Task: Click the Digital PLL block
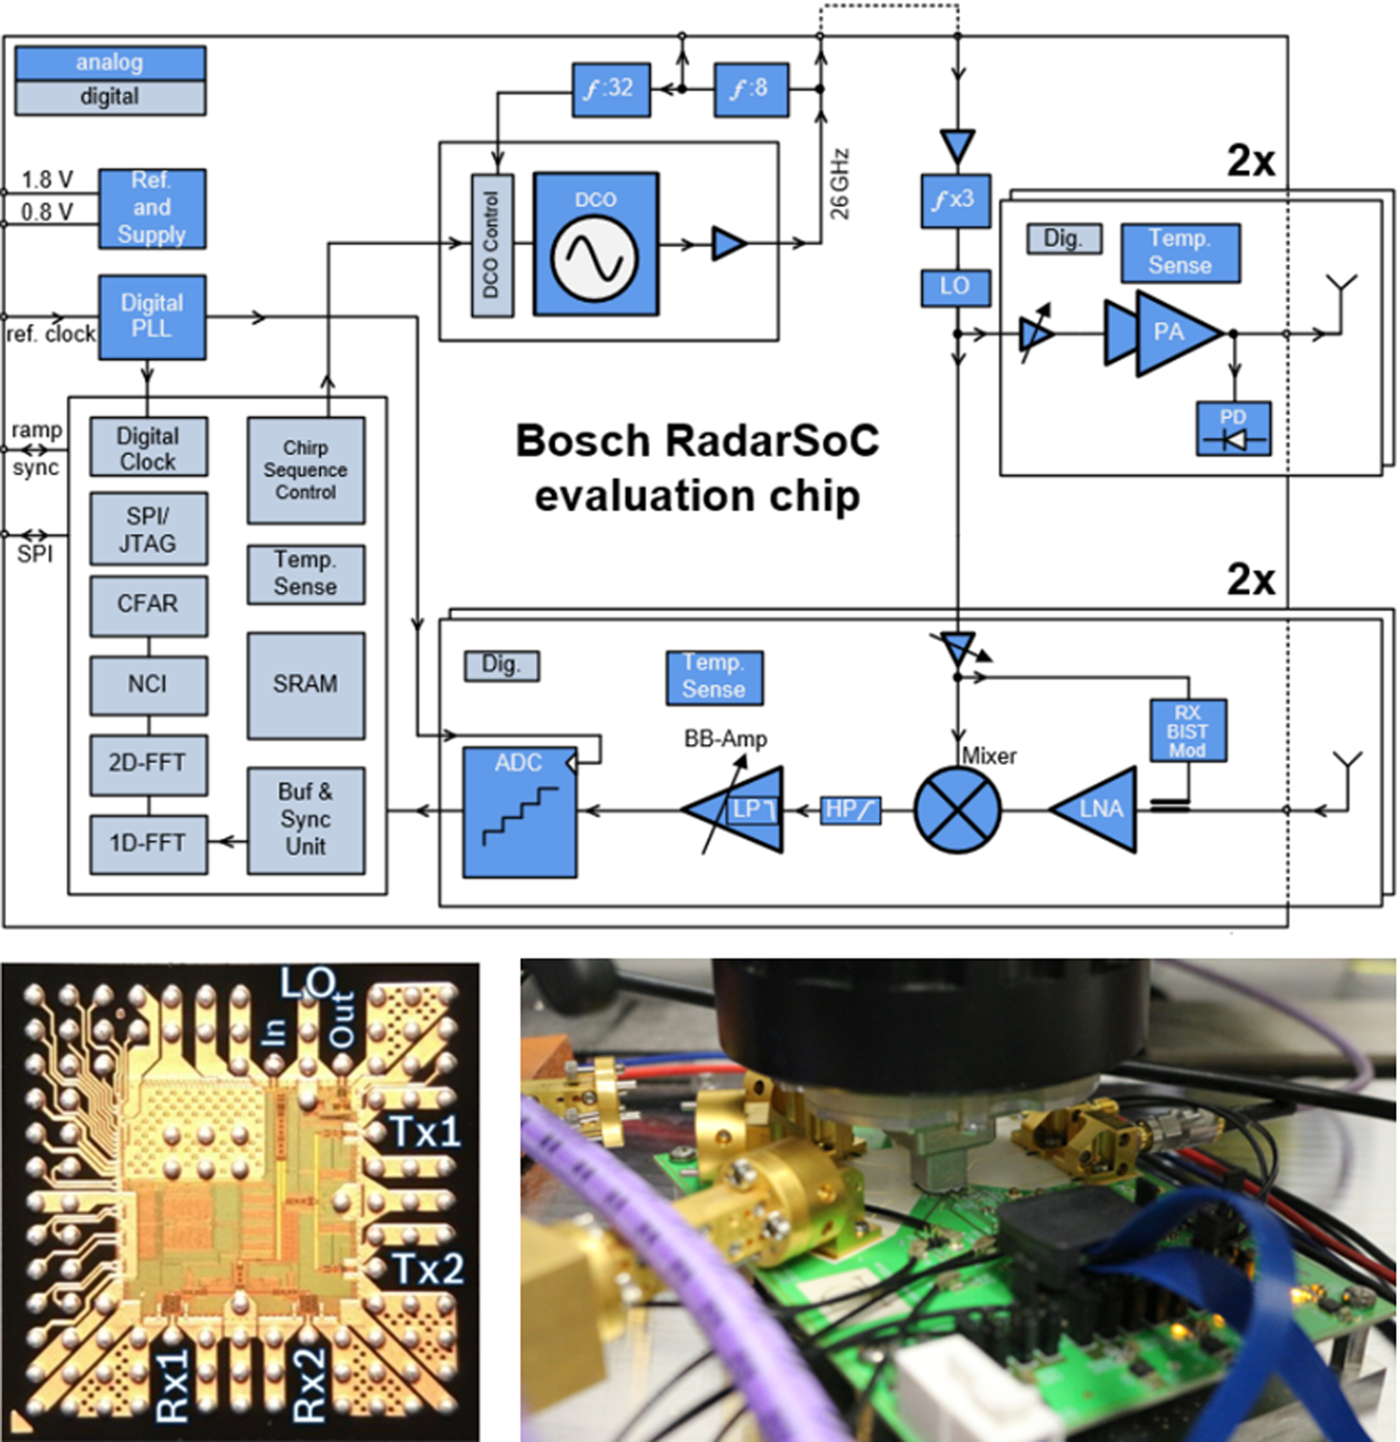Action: (152, 317)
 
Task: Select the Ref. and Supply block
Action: (152, 208)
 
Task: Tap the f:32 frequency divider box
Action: (610, 89)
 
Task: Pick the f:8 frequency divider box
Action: (750, 89)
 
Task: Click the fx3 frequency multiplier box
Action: (955, 200)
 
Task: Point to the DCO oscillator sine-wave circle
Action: (594, 258)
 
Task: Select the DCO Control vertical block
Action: (492, 245)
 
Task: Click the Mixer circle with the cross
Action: (957, 810)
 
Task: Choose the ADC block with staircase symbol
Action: (519, 812)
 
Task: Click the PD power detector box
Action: (1233, 429)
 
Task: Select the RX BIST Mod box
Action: (1188, 730)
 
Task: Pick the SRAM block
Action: (305, 685)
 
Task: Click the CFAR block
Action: (148, 605)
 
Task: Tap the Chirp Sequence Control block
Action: (305, 470)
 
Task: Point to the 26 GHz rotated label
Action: (839, 184)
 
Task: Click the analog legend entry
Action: (110, 63)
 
